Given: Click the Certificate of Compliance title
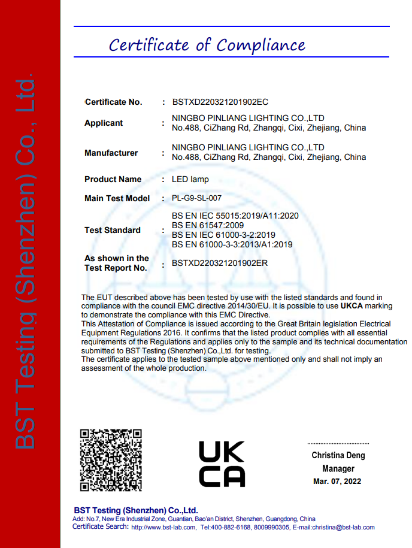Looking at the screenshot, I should [207, 45].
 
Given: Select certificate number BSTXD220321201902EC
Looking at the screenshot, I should [220, 102].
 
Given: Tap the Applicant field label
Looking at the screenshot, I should [104, 123].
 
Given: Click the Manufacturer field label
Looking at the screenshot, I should [111, 153].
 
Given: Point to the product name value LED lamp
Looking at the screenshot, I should [190, 179].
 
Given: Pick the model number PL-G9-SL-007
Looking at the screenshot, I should [201, 198].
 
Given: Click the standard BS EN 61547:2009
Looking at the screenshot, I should [207, 225].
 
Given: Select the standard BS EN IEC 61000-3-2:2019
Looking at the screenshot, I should [223, 235].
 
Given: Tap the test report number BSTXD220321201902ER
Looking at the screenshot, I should [220, 263].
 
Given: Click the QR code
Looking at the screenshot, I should [111, 459].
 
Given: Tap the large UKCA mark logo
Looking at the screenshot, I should [221, 463].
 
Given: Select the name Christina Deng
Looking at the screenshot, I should [338, 455].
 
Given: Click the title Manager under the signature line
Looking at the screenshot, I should [338, 468].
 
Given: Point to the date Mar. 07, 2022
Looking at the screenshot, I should [338, 482].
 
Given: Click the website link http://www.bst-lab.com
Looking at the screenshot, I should [163, 528].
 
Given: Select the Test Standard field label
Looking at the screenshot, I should [113, 230].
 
